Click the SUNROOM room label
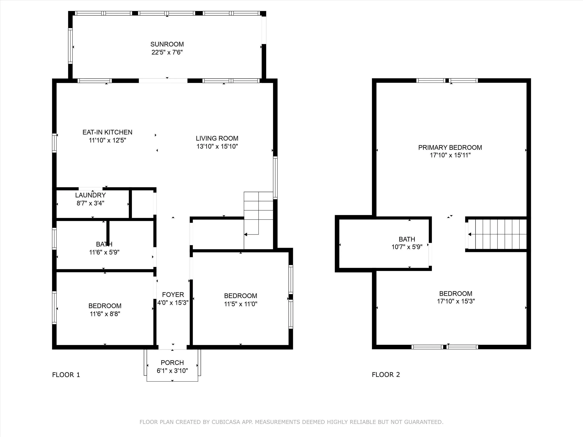[x=167, y=44]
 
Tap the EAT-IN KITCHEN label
[x=107, y=132]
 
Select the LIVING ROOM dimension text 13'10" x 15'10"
[x=217, y=146]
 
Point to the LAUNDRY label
[x=90, y=195]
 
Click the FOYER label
[x=173, y=294]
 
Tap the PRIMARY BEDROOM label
[x=450, y=147]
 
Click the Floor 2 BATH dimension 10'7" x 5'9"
[x=407, y=247]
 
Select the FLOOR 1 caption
[x=66, y=375]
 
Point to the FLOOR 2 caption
[x=386, y=375]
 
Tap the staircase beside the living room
[x=258, y=220]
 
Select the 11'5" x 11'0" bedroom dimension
[x=241, y=304]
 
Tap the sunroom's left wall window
[x=70, y=46]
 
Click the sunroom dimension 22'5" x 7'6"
[x=167, y=52]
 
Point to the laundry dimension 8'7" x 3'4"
[x=90, y=203]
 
